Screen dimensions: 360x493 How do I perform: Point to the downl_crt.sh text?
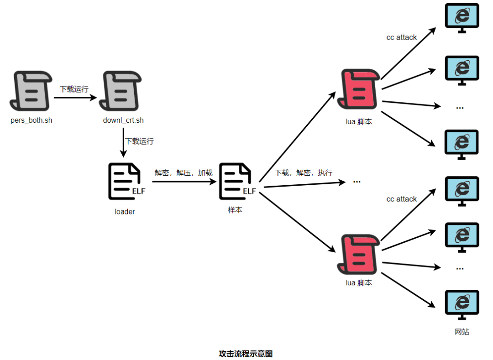click(123, 120)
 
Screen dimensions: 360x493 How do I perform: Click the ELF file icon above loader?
click(126, 182)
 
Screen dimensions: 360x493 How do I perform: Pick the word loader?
click(125, 212)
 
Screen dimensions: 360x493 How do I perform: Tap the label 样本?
click(235, 210)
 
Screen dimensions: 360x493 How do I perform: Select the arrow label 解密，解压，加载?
click(184, 173)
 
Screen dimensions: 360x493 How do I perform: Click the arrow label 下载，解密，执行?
click(304, 173)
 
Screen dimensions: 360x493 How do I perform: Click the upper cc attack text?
click(401, 37)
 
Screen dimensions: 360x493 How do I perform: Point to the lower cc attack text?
click(401, 199)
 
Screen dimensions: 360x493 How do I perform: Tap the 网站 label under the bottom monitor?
click(462, 332)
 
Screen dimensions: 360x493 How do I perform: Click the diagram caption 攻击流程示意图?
click(246, 354)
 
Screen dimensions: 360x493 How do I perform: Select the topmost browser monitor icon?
click(462, 18)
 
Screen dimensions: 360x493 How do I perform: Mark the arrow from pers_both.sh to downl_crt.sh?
click(76, 98)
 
